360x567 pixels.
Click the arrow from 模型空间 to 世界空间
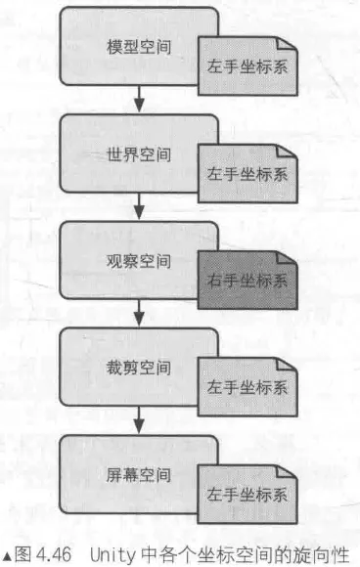point(139,99)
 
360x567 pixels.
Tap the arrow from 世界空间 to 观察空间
point(139,206)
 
